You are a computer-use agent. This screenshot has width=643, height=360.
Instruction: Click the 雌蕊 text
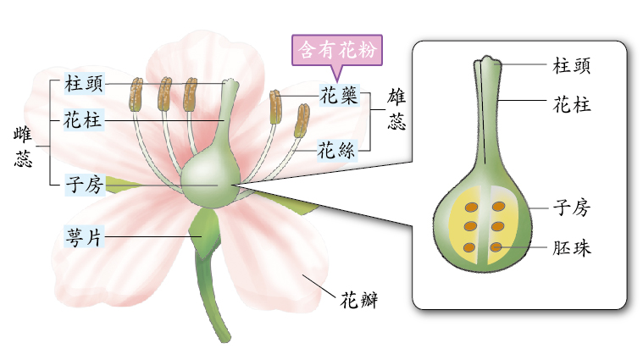tap(23, 147)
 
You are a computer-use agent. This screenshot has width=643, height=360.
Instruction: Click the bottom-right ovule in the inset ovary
tap(498, 247)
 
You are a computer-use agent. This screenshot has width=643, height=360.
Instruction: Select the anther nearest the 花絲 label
tap(301, 122)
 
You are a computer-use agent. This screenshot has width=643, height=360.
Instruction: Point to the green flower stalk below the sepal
tap(213, 296)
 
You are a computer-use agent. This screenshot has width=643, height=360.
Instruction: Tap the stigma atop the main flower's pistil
tap(230, 85)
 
